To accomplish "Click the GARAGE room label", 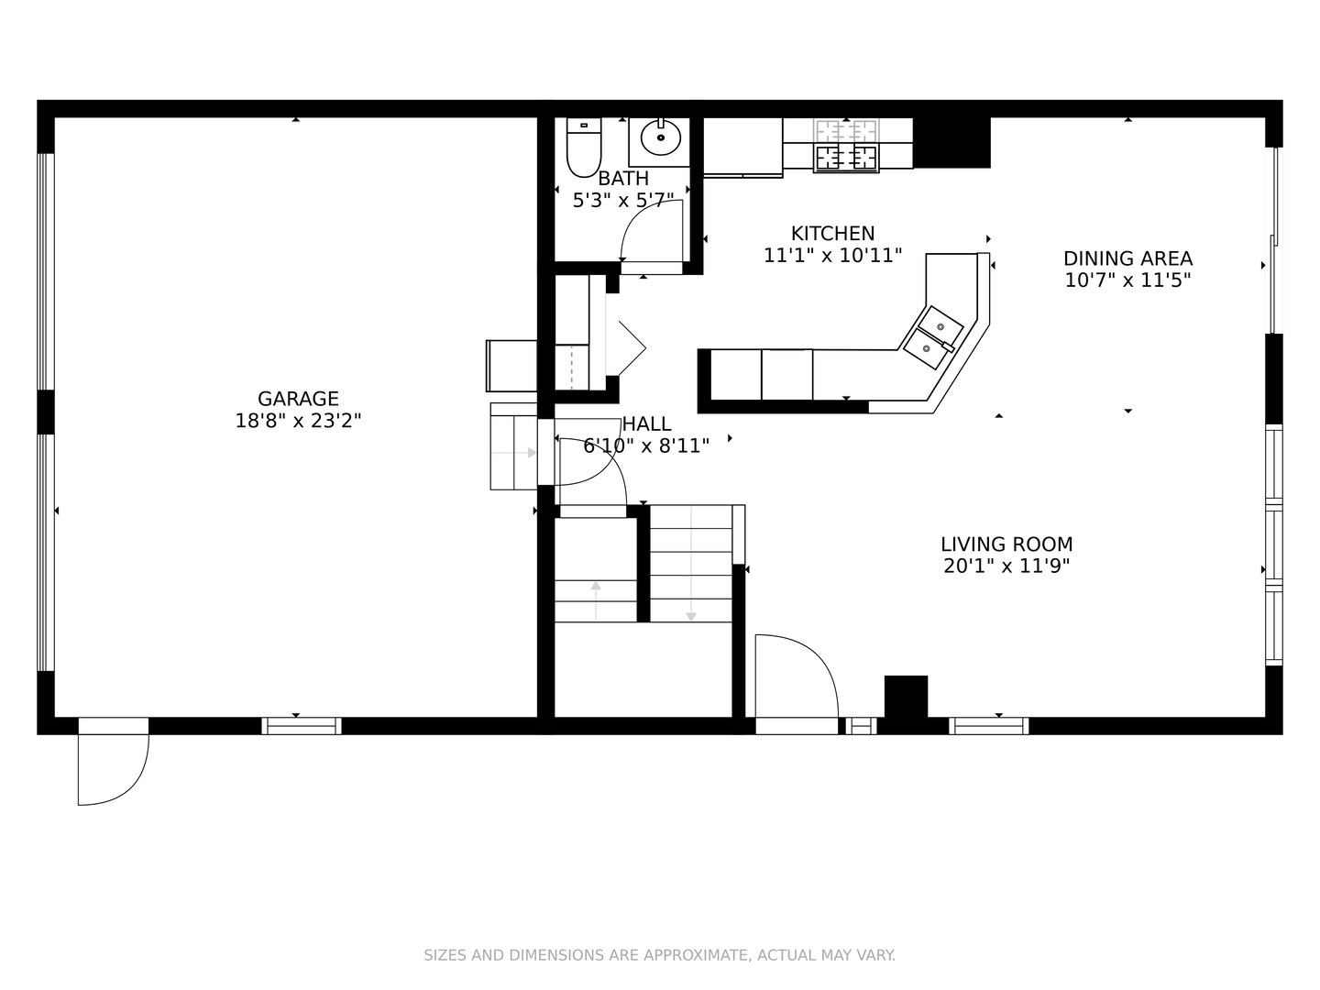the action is click(x=298, y=399).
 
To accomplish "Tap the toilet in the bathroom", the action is click(x=584, y=148).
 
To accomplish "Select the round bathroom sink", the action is click(x=660, y=137).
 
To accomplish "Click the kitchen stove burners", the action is click(x=846, y=146).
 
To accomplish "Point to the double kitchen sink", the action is click(x=933, y=338).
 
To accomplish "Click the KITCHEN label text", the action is click(x=832, y=233).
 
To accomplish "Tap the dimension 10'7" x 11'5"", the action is click(x=1127, y=280).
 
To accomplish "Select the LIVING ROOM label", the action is click(x=1006, y=544).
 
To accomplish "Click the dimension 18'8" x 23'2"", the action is click(x=298, y=420).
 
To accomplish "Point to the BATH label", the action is click(x=623, y=179).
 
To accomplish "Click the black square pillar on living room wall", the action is click(x=906, y=696).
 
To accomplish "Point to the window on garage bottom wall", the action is click(x=302, y=726).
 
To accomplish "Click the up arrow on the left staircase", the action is click(x=595, y=600).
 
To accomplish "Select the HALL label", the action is click(x=646, y=423).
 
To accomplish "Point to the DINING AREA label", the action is click(x=1127, y=258).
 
